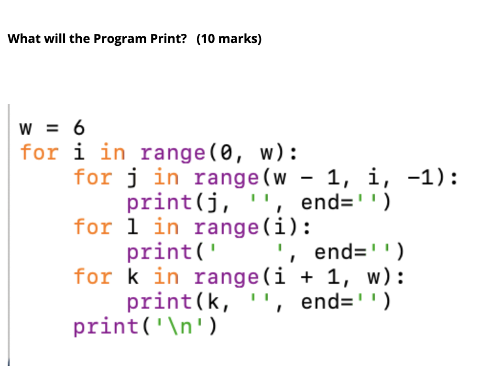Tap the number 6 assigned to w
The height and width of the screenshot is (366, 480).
pos(79,128)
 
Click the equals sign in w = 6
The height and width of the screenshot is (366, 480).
pos(52,128)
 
